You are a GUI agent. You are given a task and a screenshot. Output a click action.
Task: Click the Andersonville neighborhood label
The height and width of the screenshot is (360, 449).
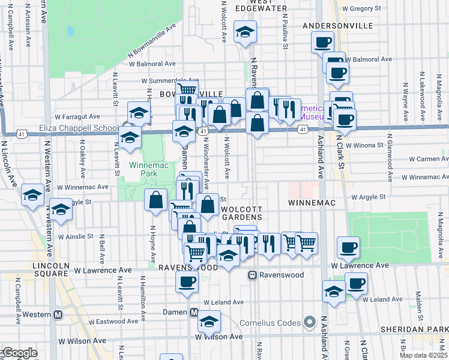pyautogui.click(x=338, y=26)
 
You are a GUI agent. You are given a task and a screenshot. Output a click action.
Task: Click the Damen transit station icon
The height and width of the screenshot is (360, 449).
pyautogui.click(x=194, y=313)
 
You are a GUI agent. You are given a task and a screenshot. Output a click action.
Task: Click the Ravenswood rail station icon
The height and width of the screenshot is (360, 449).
pyautogui.click(x=253, y=275)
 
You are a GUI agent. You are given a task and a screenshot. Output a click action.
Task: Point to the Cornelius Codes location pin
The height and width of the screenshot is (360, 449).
pyautogui.click(x=310, y=323)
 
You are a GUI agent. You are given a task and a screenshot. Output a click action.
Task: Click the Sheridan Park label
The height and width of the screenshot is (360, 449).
pyautogui.click(x=419, y=330)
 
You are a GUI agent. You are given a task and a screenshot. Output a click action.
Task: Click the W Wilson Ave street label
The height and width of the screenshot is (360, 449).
pyautogui.click(x=218, y=337)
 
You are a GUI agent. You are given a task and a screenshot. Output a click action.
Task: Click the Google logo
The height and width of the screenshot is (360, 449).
pyautogui.click(x=19, y=353)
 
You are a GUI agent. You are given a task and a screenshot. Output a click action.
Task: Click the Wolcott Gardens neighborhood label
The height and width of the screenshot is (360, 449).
pyautogui.click(x=241, y=212)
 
